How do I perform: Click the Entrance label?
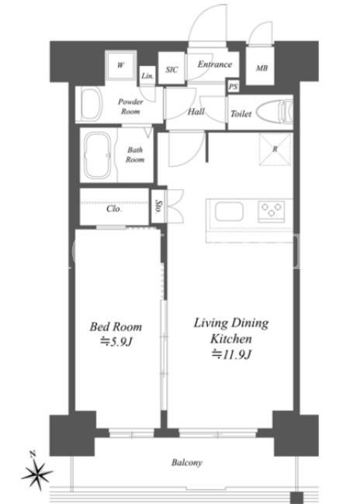[x=215, y=64]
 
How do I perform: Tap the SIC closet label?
[x=171, y=70]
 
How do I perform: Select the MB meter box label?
[x=261, y=67]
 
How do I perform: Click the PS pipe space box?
[x=234, y=86]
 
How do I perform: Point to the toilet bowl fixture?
[x=275, y=111]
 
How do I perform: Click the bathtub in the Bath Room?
[x=98, y=155]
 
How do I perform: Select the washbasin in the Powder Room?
[x=89, y=104]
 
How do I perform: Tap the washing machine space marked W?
[x=120, y=66]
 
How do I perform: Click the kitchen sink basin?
[x=229, y=211]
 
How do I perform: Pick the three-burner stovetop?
[x=272, y=211]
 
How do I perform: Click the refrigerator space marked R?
[x=275, y=149]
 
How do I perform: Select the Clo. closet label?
[x=114, y=209]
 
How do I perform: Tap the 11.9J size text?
[x=231, y=354]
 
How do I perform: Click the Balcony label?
[x=187, y=463]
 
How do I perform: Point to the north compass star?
[x=36, y=472]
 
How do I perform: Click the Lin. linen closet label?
[x=147, y=76]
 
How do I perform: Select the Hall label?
[x=196, y=112]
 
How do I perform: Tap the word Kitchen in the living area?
[x=231, y=339]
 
